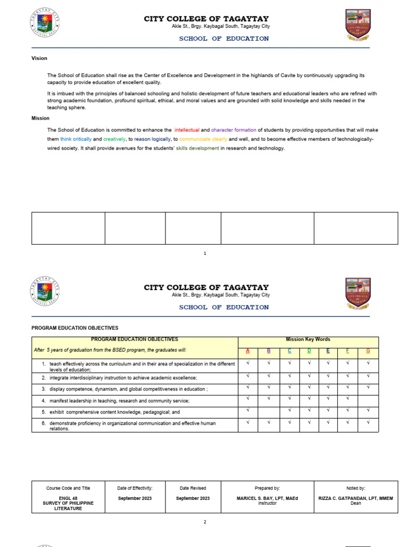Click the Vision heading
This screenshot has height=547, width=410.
pyautogui.click(x=40, y=58)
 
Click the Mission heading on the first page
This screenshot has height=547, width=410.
pyautogui.click(x=41, y=118)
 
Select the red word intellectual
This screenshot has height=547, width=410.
pyautogui.click(x=187, y=130)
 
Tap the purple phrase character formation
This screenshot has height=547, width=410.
pyautogui.click(x=234, y=130)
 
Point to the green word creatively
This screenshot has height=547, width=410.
pyautogui.click(x=114, y=139)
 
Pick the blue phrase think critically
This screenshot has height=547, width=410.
pyautogui.click(x=76, y=139)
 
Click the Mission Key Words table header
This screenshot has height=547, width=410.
pyautogui.click(x=308, y=340)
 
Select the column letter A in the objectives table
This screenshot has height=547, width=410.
pyautogui.click(x=248, y=351)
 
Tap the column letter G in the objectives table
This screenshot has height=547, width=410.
pyautogui.click(x=368, y=351)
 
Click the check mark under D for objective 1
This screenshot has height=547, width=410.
pyautogui.click(x=309, y=363)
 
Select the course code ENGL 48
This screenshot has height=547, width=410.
pyautogui.click(x=68, y=498)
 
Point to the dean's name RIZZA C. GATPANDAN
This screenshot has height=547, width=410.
pyautogui.click(x=356, y=498)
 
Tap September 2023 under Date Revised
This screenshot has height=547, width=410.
pyautogui.click(x=193, y=498)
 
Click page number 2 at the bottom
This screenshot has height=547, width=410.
pyautogui.click(x=205, y=522)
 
